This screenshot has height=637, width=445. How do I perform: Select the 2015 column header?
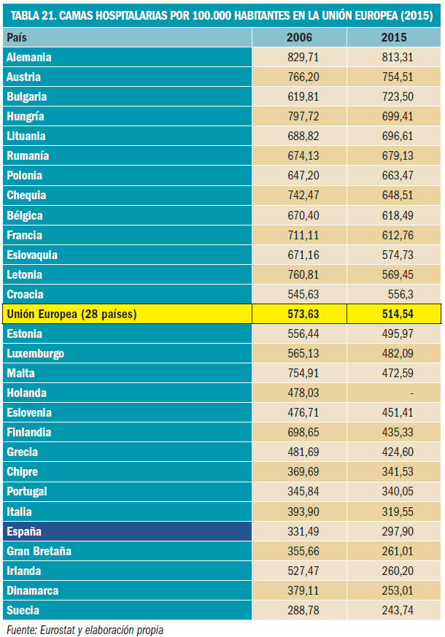(394, 37)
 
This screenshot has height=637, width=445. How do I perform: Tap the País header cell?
(17, 37)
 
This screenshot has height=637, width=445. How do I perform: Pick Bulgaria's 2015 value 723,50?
(397, 96)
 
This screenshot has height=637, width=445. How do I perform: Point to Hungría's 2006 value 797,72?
(304, 116)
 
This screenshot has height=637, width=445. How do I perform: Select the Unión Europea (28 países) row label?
(71, 314)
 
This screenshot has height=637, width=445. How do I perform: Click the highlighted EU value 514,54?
(396, 314)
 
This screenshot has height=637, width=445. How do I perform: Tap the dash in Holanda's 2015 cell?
(412, 393)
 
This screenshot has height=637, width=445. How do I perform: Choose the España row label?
(25, 531)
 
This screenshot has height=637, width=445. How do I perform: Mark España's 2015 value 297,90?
(397, 531)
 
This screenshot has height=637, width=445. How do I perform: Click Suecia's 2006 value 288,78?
(304, 610)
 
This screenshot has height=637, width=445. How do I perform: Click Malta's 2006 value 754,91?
(304, 373)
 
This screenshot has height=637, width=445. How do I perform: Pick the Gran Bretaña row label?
(39, 551)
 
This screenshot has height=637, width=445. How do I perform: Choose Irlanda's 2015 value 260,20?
(397, 571)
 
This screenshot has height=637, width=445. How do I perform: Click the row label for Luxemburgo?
(35, 353)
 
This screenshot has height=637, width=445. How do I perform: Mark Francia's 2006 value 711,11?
(304, 235)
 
